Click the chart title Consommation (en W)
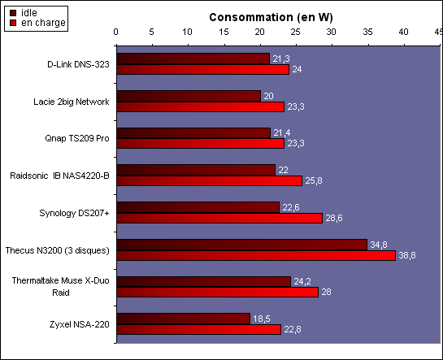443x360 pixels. point(271,17)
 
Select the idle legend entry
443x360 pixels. point(24,13)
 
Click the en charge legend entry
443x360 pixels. point(37,23)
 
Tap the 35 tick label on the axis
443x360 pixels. point(367,32)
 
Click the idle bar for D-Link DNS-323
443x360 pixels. point(193,59)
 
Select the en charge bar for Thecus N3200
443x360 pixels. point(256,255)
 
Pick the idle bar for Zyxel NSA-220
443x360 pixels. point(184,319)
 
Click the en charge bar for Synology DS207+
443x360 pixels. point(219,219)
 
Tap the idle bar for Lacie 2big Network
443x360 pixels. point(189,96)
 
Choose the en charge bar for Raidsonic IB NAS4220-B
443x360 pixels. point(210,180)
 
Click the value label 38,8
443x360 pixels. point(407,255)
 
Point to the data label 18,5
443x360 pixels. point(262,319)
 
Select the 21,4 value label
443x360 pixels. point(282,132)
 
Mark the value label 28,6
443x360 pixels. point(334,218)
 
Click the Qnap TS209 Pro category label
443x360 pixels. point(77,138)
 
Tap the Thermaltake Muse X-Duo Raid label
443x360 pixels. point(60,286)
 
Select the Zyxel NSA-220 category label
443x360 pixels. point(80,324)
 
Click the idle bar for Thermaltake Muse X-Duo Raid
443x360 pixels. point(204,281)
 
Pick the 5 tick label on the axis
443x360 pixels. point(152,32)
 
